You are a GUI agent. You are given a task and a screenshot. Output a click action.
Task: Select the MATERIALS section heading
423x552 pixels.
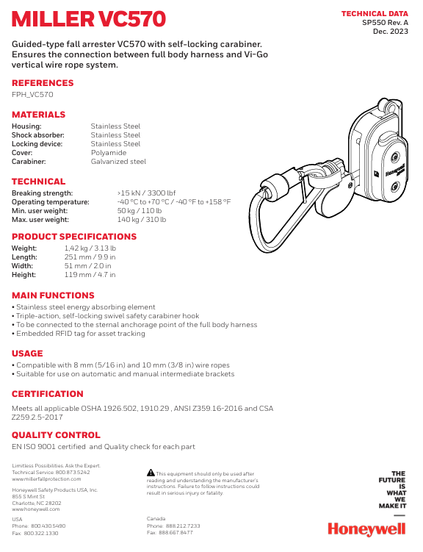click(x=38, y=115)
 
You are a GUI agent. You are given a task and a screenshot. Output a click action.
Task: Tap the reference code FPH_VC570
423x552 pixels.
click(x=32, y=95)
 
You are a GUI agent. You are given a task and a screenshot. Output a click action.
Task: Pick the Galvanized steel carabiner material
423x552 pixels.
click(x=118, y=162)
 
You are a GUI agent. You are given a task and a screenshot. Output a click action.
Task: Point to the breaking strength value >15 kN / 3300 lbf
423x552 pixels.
click(x=146, y=193)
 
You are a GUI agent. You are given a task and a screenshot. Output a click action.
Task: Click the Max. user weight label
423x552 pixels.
click(x=40, y=220)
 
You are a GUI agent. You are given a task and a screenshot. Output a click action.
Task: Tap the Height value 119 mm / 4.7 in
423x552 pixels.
click(x=90, y=275)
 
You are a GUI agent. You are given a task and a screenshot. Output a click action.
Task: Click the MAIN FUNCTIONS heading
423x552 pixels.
click(x=53, y=295)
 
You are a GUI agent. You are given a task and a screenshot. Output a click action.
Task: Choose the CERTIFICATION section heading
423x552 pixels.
click(x=48, y=394)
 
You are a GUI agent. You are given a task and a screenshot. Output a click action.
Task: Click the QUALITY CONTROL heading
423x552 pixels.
click(x=56, y=435)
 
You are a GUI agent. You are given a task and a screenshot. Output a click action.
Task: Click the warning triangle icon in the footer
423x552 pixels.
click(x=151, y=473)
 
